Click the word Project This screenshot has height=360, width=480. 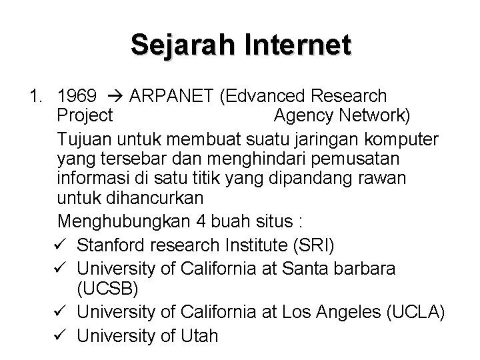(85, 115)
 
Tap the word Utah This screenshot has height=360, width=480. (199, 335)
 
